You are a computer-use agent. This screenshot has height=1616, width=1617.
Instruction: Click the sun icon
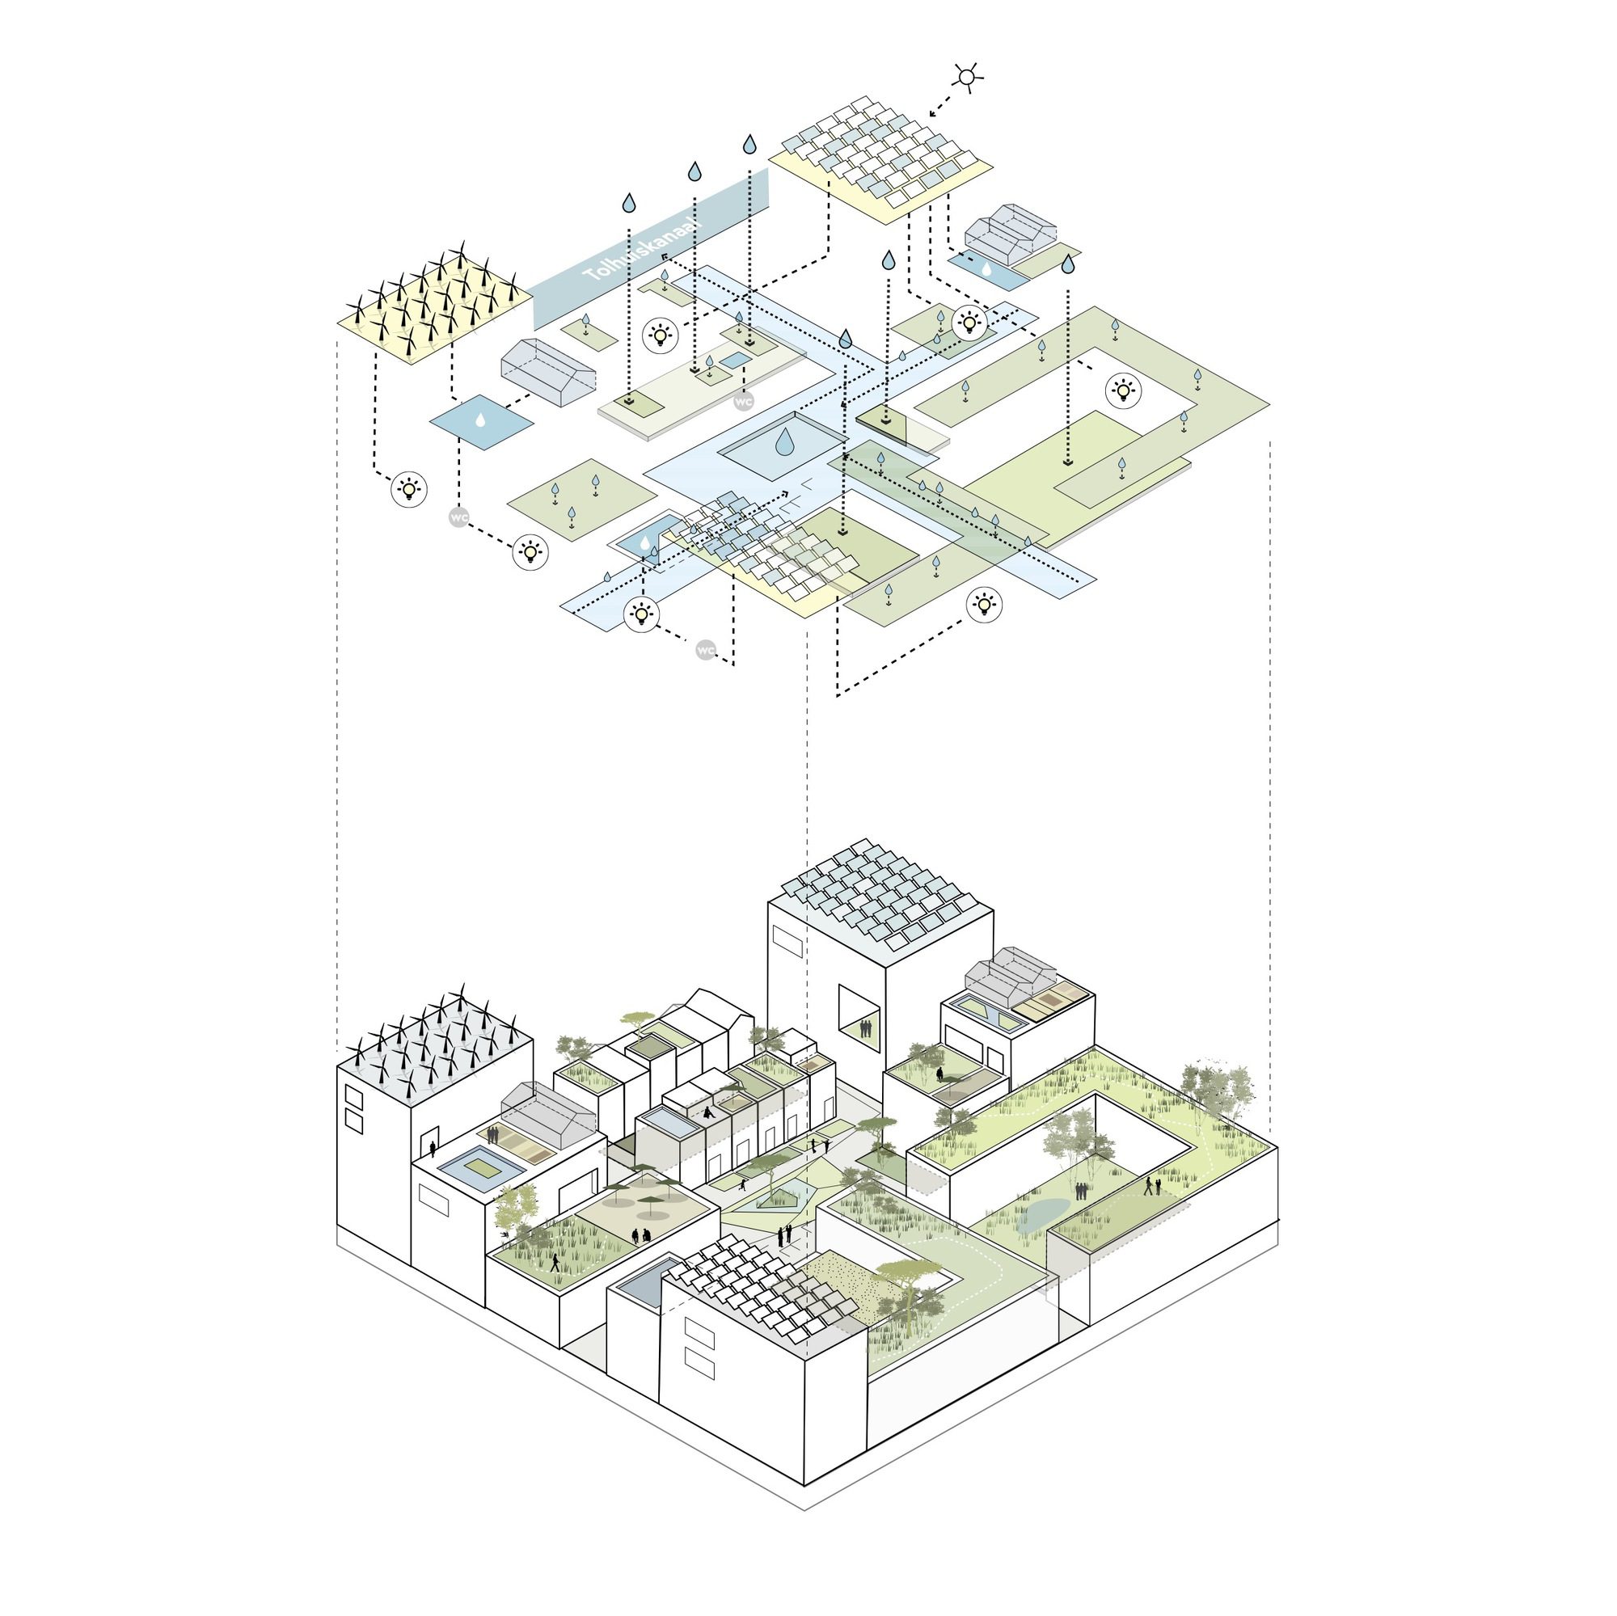coord(968,78)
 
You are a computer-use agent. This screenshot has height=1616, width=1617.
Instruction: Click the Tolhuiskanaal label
coord(644,251)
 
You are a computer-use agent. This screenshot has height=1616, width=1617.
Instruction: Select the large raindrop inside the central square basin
coord(785,442)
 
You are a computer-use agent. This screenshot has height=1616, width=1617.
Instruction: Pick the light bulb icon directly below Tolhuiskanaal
coord(661,335)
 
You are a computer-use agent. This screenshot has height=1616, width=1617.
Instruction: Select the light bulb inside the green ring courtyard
coord(1122,389)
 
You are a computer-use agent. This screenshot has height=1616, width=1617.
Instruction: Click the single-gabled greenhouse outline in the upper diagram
coord(548,373)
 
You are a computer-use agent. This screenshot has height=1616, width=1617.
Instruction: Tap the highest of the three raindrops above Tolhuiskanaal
coord(750,144)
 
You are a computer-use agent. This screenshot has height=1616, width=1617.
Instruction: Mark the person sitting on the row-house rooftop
coord(708,1114)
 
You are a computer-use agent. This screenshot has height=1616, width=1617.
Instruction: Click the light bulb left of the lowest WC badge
coord(641,614)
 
